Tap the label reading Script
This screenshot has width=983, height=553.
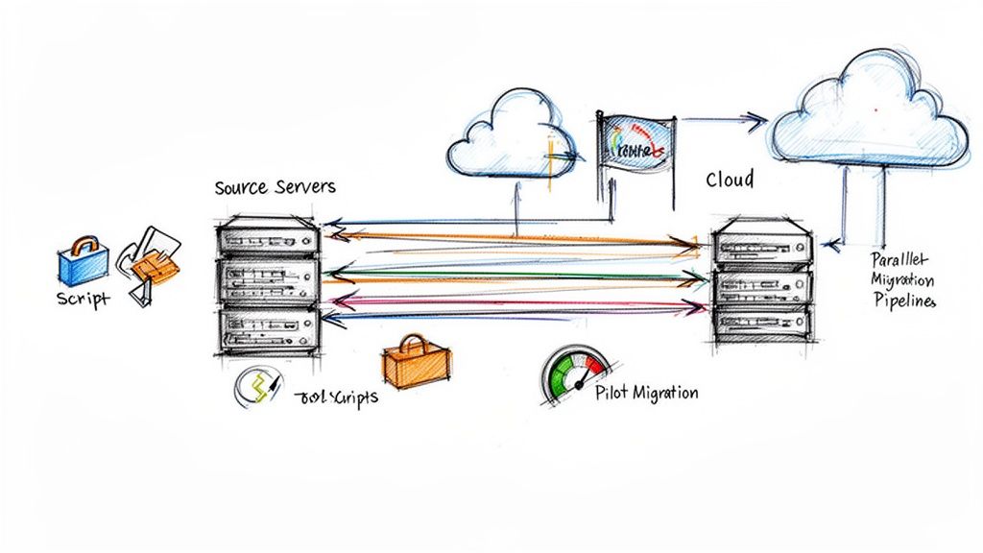(84, 300)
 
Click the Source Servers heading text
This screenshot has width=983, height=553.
(275, 187)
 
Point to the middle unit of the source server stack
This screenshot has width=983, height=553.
(268, 279)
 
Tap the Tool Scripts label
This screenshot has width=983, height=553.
(336, 397)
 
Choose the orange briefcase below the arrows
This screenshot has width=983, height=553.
(416, 362)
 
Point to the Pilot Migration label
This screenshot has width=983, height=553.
(646, 394)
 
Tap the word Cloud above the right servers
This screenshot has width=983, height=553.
(730, 180)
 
